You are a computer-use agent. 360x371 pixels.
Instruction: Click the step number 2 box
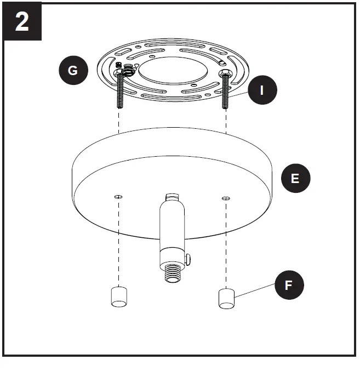(22, 22)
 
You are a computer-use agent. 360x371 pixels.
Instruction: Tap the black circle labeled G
(73, 70)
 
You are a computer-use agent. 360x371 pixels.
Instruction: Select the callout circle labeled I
(262, 90)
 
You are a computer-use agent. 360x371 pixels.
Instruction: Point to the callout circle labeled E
(295, 178)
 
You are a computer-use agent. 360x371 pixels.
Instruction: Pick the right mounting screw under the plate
(225, 93)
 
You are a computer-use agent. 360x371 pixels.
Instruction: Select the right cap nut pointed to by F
(226, 298)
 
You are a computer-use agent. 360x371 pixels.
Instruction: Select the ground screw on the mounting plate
(128, 69)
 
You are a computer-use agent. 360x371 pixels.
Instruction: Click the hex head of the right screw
(224, 73)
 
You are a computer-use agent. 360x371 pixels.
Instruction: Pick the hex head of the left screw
(119, 72)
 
